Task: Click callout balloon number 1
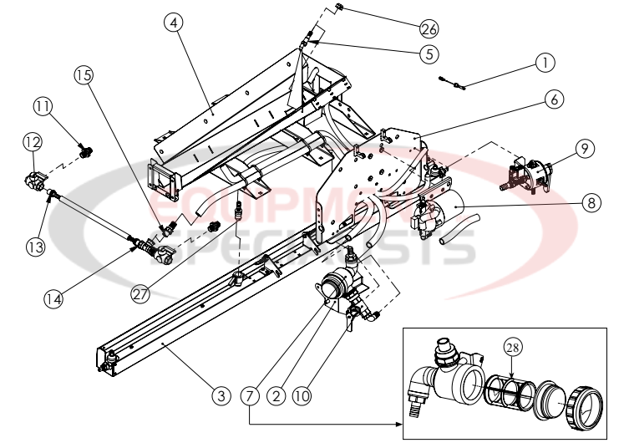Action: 545,62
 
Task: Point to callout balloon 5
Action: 429,54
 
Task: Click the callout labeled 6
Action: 552,99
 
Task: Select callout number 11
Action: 43,106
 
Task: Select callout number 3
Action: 220,396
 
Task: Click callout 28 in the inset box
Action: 512,347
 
